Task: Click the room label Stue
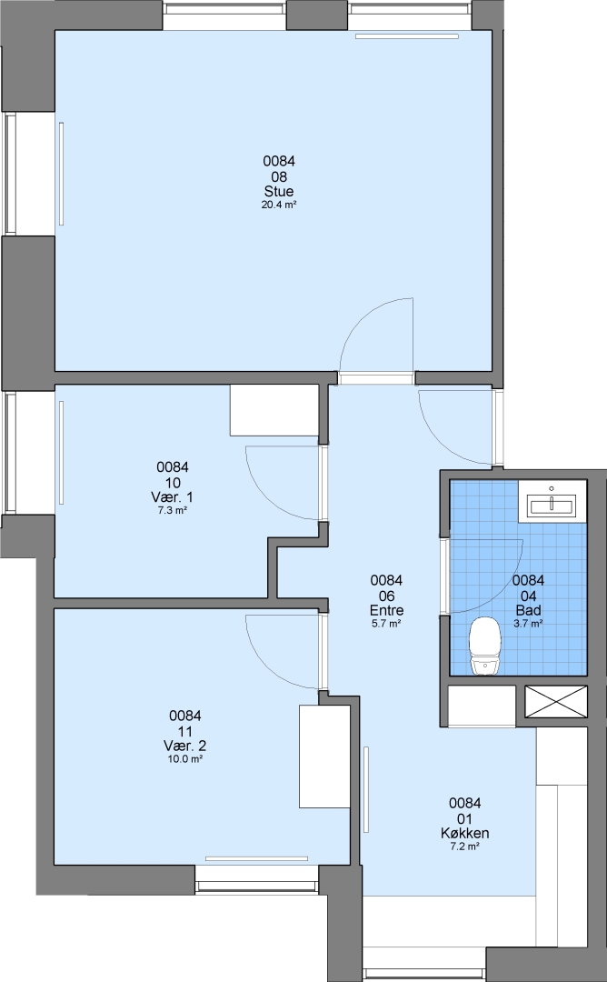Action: [278, 192]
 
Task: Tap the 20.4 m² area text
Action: [278, 205]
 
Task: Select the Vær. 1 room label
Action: [172, 497]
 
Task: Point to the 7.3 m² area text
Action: [172, 510]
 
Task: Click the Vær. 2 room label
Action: [184, 746]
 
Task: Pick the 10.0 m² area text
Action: [184, 759]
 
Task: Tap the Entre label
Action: [386, 611]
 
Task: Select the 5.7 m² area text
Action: [386, 624]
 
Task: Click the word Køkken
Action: [464, 834]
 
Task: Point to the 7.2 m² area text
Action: [464, 847]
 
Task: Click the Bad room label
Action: [528, 611]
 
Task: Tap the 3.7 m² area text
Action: [528, 624]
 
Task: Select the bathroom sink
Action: [552, 501]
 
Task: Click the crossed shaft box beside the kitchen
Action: [556, 701]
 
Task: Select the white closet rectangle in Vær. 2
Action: [324, 757]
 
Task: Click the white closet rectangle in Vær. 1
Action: [274, 410]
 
